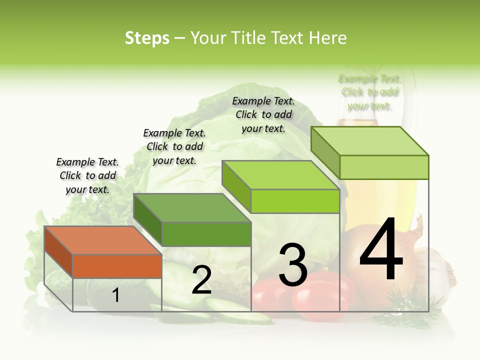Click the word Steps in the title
(147, 38)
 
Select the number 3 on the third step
(292, 265)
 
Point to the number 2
(201, 280)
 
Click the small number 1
(116, 295)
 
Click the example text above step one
(88, 175)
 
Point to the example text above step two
(174, 146)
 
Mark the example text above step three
(263, 114)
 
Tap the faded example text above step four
(369, 92)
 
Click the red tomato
(320, 297)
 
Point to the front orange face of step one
(117, 266)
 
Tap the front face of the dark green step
(206, 234)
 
